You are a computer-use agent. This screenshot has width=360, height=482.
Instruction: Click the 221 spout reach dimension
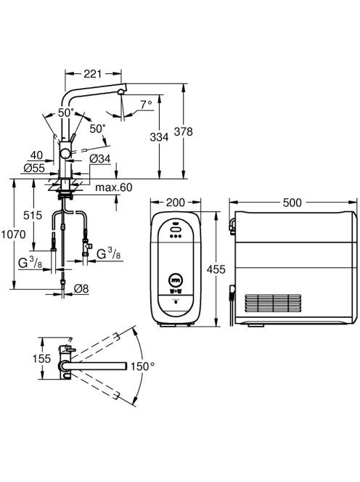(x=92, y=74)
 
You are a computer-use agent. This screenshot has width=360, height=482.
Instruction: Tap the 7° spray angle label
(x=147, y=105)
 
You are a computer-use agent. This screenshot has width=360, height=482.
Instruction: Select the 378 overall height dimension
(x=183, y=131)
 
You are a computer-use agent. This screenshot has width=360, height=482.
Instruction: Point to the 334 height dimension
(x=159, y=136)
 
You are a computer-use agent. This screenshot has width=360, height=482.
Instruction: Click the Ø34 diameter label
(x=100, y=159)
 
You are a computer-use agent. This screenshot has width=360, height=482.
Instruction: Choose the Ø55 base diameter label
(x=34, y=168)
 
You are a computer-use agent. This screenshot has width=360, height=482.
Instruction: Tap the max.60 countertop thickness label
(x=114, y=187)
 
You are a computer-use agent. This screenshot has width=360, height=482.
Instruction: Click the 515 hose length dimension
(x=33, y=215)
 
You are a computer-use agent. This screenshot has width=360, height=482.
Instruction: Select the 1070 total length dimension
(x=13, y=234)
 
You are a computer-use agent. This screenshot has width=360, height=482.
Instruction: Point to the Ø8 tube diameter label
(x=81, y=288)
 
